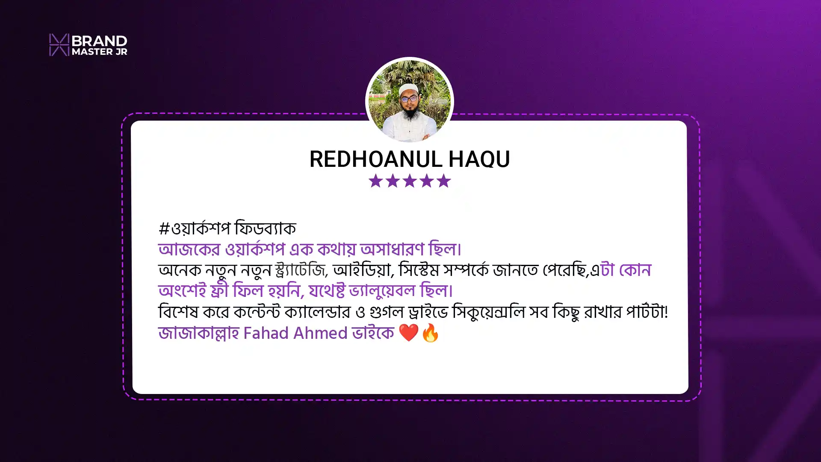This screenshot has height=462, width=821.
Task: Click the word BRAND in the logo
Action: coord(100,41)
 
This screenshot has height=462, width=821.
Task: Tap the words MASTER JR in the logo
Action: coord(100,52)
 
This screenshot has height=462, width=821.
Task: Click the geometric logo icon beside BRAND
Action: coord(59,44)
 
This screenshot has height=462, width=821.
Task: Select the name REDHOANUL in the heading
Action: coord(376,159)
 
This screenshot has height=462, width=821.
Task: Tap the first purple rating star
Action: coord(375,181)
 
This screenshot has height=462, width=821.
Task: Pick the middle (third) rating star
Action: coord(410,181)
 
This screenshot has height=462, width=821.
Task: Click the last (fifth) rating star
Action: coord(444,181)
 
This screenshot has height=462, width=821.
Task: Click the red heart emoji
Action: coord(408,333)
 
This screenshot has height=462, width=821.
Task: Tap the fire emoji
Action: coord(430,333)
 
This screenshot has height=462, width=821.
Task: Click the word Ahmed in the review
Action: coord(320,333)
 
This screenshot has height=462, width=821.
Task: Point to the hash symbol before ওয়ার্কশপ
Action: coord(164,228)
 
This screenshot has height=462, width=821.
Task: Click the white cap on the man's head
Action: coord(408,89)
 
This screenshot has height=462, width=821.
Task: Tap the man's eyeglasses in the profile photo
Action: coord(409,99)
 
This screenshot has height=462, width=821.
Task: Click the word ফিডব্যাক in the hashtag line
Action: coord(265,228)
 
